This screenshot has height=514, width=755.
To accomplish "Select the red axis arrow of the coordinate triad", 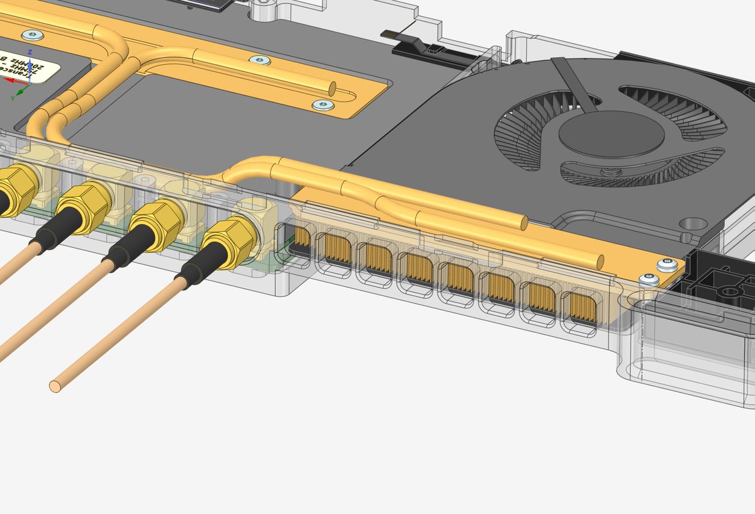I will point(11,80).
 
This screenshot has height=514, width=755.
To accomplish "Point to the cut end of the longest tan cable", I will point(56,384).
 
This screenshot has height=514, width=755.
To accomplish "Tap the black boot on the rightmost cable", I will point(196,271).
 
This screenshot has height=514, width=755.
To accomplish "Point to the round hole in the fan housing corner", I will point(693,224).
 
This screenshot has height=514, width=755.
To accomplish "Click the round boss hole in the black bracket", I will point(729,292).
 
